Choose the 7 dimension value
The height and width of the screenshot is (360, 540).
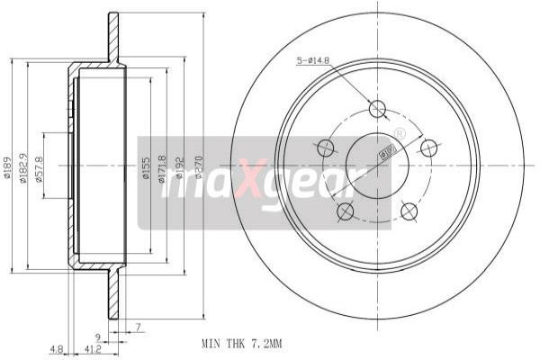[x=139, y=326]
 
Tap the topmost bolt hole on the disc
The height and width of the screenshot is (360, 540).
[x=378, y=109]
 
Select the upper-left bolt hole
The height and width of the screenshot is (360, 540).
[x=326, y=147]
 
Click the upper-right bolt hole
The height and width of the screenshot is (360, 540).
[x=429, y=148]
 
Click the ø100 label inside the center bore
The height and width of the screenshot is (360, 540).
[x=383, y=153]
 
